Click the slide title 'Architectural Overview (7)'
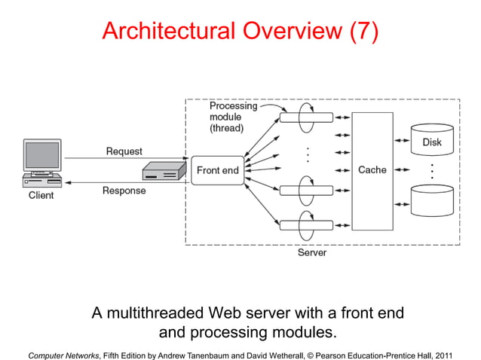(x=240, y=31)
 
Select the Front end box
(x=217, y=170)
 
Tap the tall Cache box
(x=372, y=170)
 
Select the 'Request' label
(x=124, y=151)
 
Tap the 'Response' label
(x=124, y=191)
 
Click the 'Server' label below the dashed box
(x=311, y=253)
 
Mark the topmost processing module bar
(x=306, y=118)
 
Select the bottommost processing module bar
(x=306, y=224)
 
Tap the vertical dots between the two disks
(x=431, y=170)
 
